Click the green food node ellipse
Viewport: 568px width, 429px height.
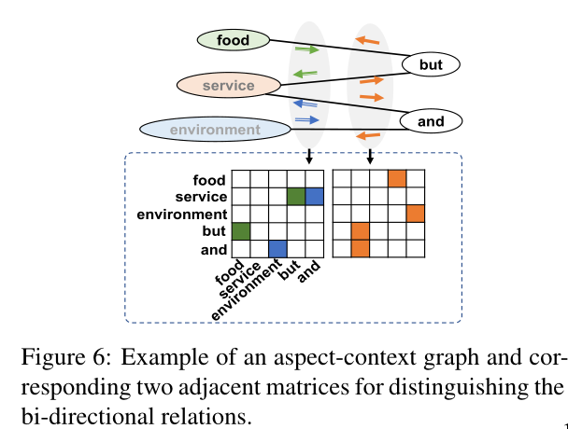coord(234,40)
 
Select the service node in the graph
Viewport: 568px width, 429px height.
coord(229,86)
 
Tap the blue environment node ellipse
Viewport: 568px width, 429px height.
coord(215,129)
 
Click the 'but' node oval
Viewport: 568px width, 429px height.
coord(431,64)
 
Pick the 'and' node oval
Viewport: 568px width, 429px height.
coord(431,121)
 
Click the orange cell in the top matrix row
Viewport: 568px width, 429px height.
coord(397,178)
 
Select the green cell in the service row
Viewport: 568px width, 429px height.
coord(296,197)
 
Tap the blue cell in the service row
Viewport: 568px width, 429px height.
coord(315,197)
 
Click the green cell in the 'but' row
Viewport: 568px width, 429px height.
coord(241,231)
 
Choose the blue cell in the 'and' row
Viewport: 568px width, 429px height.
coord(277,249)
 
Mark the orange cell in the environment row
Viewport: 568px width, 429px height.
coord(416,214)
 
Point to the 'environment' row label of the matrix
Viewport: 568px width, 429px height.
coord(182,214)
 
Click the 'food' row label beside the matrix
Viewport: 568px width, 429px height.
coord(209,180)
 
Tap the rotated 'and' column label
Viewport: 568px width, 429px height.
coord(309,271)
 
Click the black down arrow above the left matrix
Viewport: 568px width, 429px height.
coord(309,156)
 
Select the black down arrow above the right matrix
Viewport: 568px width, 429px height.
coord(370,156)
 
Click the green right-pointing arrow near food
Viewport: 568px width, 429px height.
coord(306,48)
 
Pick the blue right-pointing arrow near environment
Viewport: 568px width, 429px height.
coord(306,119)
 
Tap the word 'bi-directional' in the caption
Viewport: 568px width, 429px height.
coord(88,416)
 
